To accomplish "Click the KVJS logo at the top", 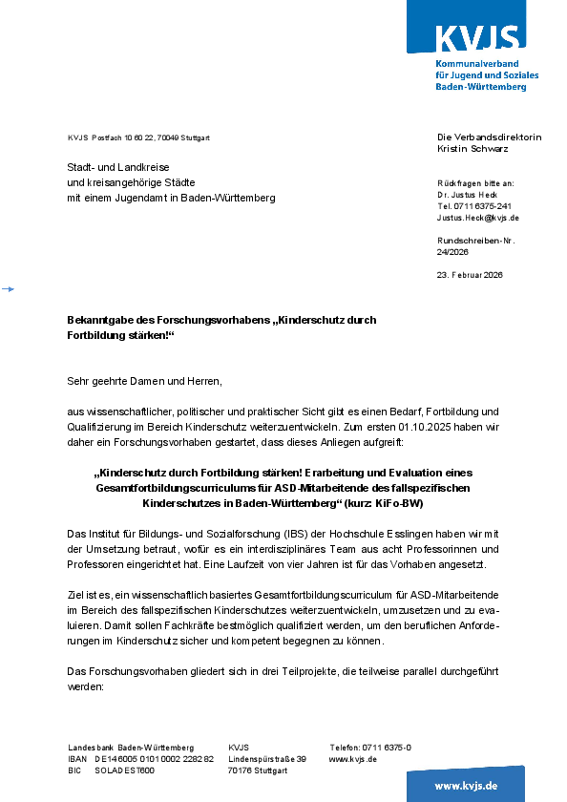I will tap(477, 40).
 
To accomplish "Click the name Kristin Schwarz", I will tap(472, 149).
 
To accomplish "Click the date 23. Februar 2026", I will tap(470, 275).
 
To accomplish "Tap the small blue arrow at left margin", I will tap(8, 287).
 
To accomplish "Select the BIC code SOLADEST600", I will tap(124, 770).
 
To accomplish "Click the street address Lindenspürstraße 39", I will tap(267, 759).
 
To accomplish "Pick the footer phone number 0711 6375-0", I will tap(386, 748).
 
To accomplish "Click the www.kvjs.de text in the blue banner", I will tap(466, 786).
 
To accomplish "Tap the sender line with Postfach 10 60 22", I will tap(138, 138).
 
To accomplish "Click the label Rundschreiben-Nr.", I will tap(475, 241).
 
